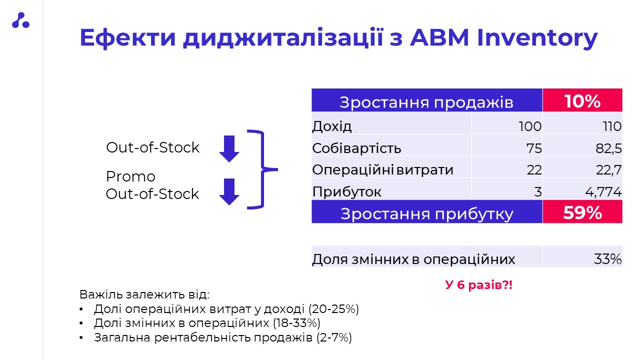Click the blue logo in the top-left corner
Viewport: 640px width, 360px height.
[20, 20]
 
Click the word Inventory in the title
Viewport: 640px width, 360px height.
[537, 38]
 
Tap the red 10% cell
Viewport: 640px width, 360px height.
[582, 100]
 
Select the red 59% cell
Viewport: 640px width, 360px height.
[582, 211]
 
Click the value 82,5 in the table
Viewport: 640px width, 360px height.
[608, 148]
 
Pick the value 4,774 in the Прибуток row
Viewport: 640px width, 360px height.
[603, 191]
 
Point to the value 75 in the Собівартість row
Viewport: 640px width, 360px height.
[534, 148]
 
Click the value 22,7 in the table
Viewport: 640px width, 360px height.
[609, 170]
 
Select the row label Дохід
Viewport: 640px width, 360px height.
[331, 126]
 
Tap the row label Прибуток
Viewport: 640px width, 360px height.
[346, 191]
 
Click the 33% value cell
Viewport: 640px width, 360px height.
[582, 256]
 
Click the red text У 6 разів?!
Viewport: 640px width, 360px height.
[479, 285]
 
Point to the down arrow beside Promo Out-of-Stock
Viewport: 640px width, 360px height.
[229, 191]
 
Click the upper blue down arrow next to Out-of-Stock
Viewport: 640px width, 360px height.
[229, 149]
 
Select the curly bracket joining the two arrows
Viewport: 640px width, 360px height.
[262, 169]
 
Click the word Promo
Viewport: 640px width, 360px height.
[130, 176]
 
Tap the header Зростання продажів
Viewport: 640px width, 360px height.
[426, 102]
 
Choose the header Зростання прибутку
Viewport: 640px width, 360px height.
[427, 213]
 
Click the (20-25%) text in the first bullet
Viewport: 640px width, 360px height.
[333, 309]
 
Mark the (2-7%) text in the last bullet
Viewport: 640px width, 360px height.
[334, 337]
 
